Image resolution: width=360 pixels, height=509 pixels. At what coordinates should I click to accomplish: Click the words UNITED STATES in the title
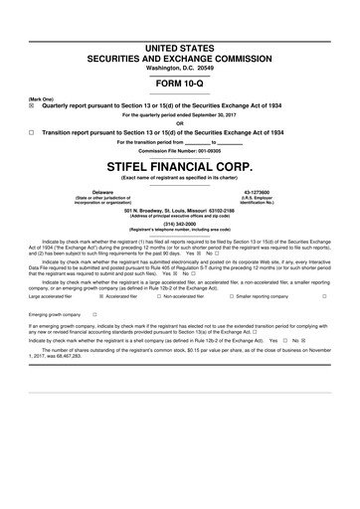(180, 49)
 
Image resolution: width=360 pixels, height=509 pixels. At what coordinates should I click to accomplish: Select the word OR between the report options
(180, 122)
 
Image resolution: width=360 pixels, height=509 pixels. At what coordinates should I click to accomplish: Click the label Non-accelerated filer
(183, 268)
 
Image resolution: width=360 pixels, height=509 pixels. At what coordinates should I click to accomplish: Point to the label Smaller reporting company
(263, 268)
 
